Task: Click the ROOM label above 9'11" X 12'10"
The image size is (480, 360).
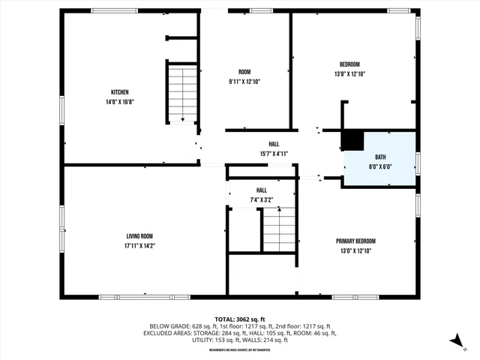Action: click(x=244, y=71)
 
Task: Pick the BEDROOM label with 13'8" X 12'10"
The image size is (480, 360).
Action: click(x=349, y=64)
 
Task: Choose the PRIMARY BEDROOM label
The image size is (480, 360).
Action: click(x=355, y=241)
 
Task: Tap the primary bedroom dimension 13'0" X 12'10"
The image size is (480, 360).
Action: click(x=355, y=250)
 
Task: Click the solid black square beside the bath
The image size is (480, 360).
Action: click(x=352, y=141)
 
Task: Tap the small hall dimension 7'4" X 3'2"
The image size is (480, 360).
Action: click(x=261, y=200)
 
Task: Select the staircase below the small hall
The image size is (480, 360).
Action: click(x=279, y=229)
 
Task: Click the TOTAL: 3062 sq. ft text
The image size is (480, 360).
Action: click(x=239, y=317)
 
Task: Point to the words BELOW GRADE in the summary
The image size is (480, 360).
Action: click(x=169, y=326)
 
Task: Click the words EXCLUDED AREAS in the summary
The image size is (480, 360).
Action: click(x=172, y=334)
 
